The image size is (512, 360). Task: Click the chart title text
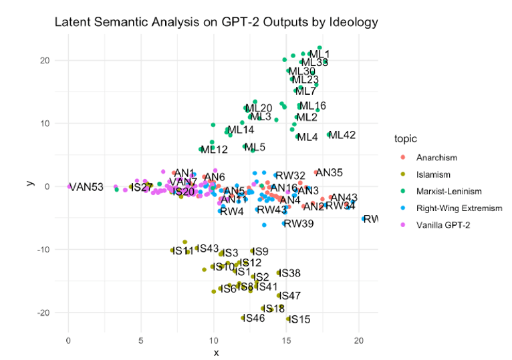(216, 23)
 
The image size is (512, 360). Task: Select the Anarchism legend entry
(436, 158)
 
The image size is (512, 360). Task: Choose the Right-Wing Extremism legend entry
(459, 208)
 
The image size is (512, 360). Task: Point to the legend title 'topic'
(406, 140)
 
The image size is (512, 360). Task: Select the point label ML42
(342, 135)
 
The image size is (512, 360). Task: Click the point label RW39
(298, 224)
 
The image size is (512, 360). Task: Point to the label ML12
(214, 150)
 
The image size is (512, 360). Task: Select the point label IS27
(142, 188)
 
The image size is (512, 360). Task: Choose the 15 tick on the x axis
(286, 340)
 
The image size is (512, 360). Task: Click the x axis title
(216, 352)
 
